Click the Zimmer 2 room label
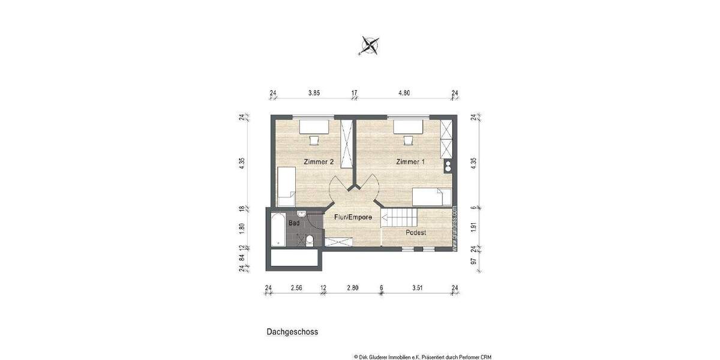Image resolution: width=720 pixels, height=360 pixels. [x=319, y=162]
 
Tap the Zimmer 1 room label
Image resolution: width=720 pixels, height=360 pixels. [x=411, y=162]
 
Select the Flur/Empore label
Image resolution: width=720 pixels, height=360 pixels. [x=353, y=217]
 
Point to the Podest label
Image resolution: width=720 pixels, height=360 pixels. [x=415, y=232]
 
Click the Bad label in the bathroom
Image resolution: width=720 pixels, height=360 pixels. [x=294, y=223]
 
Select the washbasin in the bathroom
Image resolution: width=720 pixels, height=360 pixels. [x=301, y=215]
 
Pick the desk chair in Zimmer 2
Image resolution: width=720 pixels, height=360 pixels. [x=314, y=140]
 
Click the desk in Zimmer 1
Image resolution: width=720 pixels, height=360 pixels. [x=409, y=127]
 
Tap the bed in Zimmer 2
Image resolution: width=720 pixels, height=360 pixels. [x=286, y=187]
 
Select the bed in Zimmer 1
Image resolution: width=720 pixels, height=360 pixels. [x=432, y=196]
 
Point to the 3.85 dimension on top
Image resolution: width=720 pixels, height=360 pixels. [x=314, y=93]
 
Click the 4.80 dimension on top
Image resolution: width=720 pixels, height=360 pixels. [x=404, y=93]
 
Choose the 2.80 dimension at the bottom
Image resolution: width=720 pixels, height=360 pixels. [x=353, y=289]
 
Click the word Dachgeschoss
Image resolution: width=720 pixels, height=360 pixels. [x=292, y=331]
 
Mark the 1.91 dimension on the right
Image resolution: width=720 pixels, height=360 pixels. [x=473, y=228]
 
